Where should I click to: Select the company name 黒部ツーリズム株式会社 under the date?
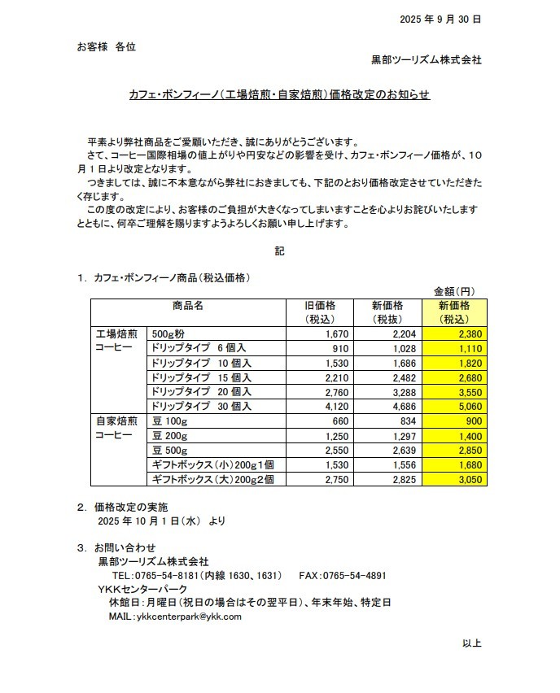[x=426, y=59]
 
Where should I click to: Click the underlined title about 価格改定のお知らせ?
[x=279, y=96]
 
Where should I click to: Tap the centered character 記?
[x=279, y=251]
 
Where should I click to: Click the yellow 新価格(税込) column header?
[x=454, y=312]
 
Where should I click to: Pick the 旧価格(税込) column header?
[x=319, y=312]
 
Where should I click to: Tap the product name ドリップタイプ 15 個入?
[x=202, y=377]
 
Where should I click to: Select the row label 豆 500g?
[x=170, y=451]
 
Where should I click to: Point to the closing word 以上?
[x=472, y=644]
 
